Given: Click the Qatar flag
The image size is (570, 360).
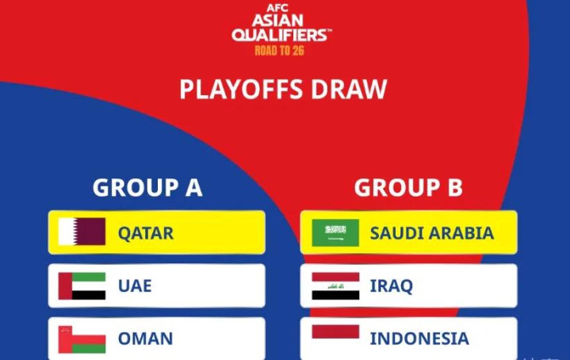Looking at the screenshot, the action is click(x=82, y=232).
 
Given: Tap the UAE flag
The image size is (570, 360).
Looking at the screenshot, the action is click(x=82, y=285).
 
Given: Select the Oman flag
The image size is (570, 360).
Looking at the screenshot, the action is click(x=82, y=339).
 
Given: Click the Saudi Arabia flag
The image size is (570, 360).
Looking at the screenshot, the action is click(x=335, y=232).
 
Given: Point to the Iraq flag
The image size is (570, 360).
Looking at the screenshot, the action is click(x=335, y=286).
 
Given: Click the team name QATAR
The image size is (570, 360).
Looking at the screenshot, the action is click(x=145, y=233).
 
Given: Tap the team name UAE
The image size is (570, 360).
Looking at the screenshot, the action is click(x=135, y=285).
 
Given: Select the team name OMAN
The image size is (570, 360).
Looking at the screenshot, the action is click(x=145, y=339).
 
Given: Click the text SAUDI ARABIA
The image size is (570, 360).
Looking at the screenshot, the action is click(x=432, y=233).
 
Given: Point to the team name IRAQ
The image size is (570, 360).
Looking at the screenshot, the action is click(x=391, y=286).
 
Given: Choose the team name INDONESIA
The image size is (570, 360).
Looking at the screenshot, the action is click(x=419, y=339).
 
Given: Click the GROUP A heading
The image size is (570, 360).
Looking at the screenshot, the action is click(x=147, y=188).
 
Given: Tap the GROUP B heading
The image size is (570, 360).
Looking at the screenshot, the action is click(x=408, y=188).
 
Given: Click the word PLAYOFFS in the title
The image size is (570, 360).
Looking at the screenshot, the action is click(x=241, y=90).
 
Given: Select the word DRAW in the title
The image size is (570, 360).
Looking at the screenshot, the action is click(x=349, y=90).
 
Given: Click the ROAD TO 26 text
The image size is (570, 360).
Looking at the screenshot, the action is click(x=279, y=50).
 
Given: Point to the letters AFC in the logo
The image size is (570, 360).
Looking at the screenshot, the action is click(x=277, y=8).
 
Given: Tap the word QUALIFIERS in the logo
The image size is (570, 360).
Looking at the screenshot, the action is click(x=280, y=35).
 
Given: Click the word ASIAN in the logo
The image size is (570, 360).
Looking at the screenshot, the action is click(x=277, y=21).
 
